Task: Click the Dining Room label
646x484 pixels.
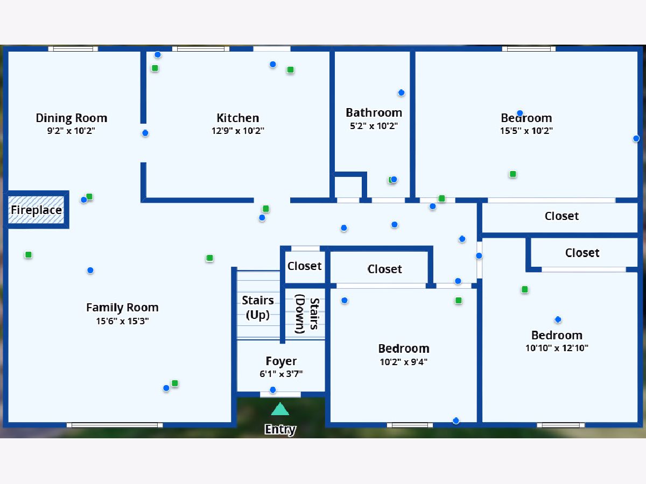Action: (x=72, y=118)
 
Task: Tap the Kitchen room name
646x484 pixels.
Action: (x=238, y=118)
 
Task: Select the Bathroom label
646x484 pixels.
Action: (x=374, y=112)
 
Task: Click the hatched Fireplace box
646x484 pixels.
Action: (x=36, y=210)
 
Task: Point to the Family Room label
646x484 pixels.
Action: (x=122, y=308)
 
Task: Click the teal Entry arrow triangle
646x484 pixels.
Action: (x=280, y=409)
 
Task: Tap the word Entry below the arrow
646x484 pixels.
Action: (x=280, y=429)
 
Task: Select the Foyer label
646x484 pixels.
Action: (x=281, y=361)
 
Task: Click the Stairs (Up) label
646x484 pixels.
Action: (x=258, y=308)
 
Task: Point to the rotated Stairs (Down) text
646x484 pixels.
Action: (x=307, y=314)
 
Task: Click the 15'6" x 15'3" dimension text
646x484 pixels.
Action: (x=122, y=321)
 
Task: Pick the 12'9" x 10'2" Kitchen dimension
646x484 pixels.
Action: (x=238, y=131)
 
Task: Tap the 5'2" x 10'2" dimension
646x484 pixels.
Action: (x=374, y=126)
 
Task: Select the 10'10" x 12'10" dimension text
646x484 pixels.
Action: (x=557, y=348)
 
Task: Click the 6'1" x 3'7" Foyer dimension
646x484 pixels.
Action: (x=281, y=374)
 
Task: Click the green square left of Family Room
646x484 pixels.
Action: (x=28, y=254)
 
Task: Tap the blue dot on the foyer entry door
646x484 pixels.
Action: (x=273, y=390)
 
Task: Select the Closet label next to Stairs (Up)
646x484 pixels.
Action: (x=305, y=266)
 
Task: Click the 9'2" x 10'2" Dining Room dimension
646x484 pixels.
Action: (x=71, y=131)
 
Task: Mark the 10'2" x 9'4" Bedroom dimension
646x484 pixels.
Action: (x=404, y=362)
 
